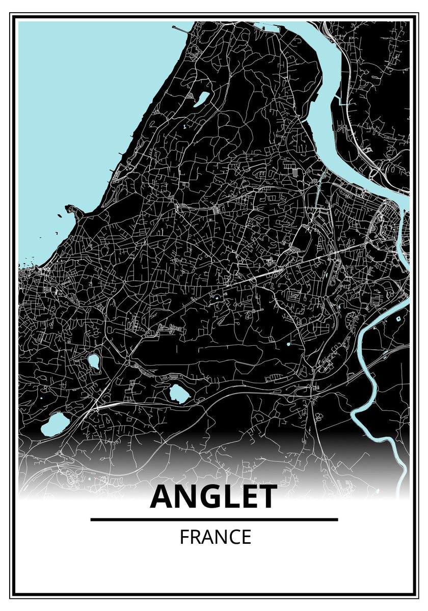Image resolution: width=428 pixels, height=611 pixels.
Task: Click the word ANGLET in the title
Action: tap(213, 497)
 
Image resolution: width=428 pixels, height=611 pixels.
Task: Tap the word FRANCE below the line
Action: tap(215, 537)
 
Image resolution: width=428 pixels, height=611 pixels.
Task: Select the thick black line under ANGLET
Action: tap(214, 519)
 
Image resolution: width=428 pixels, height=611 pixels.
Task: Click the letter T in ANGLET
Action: tap(266, 497)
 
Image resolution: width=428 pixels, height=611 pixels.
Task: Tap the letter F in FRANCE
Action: tap(183, 537)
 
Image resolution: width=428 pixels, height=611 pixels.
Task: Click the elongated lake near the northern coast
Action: tap(201, 99)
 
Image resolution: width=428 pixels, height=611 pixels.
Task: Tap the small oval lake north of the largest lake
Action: tap(93, 361)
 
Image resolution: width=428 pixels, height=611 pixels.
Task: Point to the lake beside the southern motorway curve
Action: tap(178, 393)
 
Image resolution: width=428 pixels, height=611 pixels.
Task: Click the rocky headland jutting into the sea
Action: tap(76, 210)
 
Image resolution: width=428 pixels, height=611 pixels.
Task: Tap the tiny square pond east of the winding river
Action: tap(398, 319)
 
